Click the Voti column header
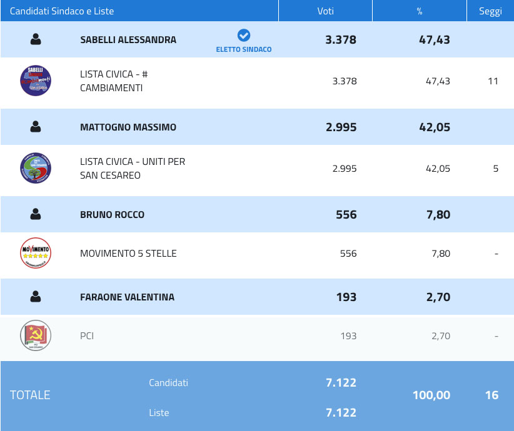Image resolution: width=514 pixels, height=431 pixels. (325, 11)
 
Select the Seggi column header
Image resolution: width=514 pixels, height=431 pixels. (490, 11)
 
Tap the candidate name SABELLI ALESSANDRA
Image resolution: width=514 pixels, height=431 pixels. (128, 40)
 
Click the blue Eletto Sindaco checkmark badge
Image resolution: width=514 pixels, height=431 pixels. (244, 36)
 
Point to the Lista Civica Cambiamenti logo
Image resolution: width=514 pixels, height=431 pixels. (36, 81)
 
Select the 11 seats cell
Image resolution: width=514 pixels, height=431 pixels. (493, 81)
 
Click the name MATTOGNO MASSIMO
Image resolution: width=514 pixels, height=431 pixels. (128, 127)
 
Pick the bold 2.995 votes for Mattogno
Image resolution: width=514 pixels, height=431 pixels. (341, 127)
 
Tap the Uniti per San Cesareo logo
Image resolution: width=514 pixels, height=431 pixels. (36, 169)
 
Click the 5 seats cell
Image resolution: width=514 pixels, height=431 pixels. (495, 169)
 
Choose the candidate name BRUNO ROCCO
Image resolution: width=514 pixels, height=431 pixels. (112, 215)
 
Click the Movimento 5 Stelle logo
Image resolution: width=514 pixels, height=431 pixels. (36, 254)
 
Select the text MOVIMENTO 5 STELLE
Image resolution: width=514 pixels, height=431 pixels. (128, 254)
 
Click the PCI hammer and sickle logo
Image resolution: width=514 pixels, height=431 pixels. (36, 336)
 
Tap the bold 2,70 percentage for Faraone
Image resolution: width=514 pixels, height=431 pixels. (438, 297)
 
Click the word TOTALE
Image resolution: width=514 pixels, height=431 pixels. (30, 395)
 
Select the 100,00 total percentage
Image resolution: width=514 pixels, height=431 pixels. (431, 395)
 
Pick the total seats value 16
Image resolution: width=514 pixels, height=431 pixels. (491, 395)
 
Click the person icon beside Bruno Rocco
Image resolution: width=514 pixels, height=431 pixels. (36, 214)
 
